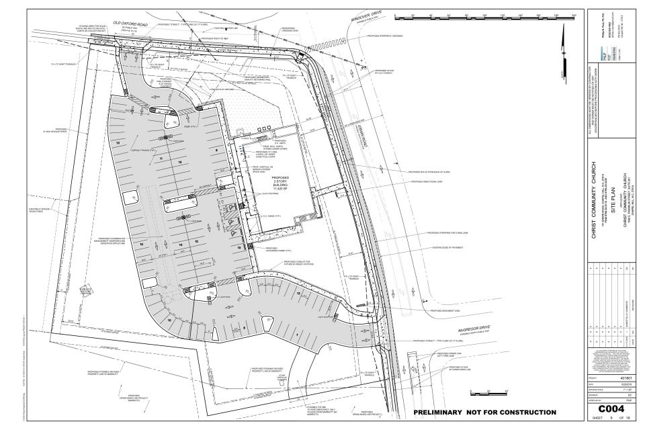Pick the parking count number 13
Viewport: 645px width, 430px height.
pyautogui.click(x=118, y=144)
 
